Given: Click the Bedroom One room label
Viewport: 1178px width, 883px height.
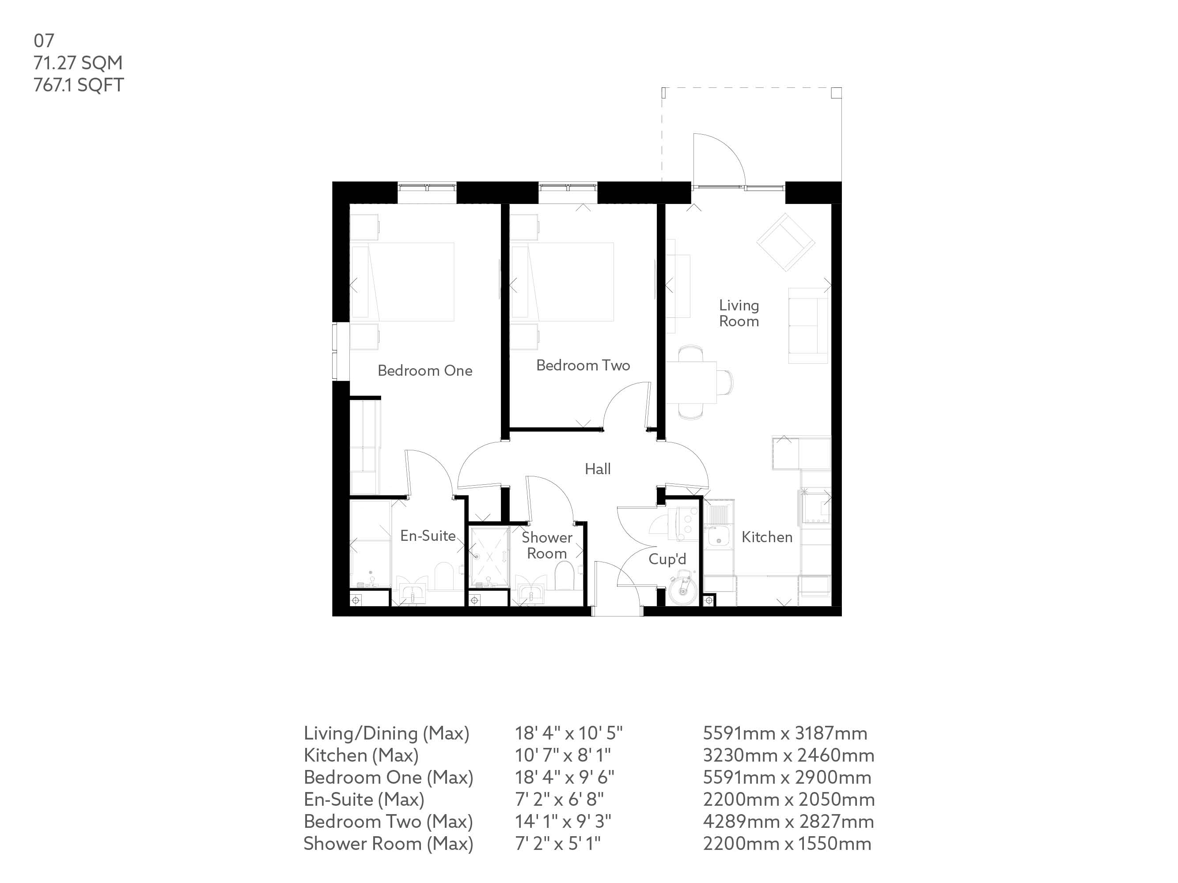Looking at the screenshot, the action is pos(425,370).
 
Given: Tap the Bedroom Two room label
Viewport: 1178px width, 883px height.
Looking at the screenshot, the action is pos(583,365).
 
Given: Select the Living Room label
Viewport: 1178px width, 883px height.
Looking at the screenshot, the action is pos(739,313).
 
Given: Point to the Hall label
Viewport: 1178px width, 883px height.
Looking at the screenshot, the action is pos(598,469).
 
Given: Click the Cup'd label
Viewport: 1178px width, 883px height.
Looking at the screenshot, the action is pos(667,559).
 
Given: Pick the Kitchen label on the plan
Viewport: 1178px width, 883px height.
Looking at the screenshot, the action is pos(767,537).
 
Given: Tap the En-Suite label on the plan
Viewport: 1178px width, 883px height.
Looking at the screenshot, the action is pos(428,536).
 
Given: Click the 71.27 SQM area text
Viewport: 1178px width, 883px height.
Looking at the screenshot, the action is pos(78,63).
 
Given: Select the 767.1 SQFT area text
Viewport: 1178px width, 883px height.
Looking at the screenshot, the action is pos(79,85).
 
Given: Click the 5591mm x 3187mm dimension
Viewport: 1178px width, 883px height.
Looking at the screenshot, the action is pos(785,733).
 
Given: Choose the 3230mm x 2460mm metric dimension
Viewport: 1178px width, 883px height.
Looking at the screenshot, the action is pos(788,755).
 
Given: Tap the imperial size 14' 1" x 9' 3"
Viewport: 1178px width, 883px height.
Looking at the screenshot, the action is pos(563,821).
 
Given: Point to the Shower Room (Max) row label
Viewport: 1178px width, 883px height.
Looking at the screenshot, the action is pos(388,844).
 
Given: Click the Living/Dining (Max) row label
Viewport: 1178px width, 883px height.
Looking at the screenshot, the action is pos(386,733).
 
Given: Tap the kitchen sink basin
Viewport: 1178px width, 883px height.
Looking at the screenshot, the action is pos(719,539).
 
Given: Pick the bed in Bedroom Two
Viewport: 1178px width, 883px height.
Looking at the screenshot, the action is pos(562,282).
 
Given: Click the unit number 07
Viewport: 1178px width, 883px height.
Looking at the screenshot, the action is pos(44,41).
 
